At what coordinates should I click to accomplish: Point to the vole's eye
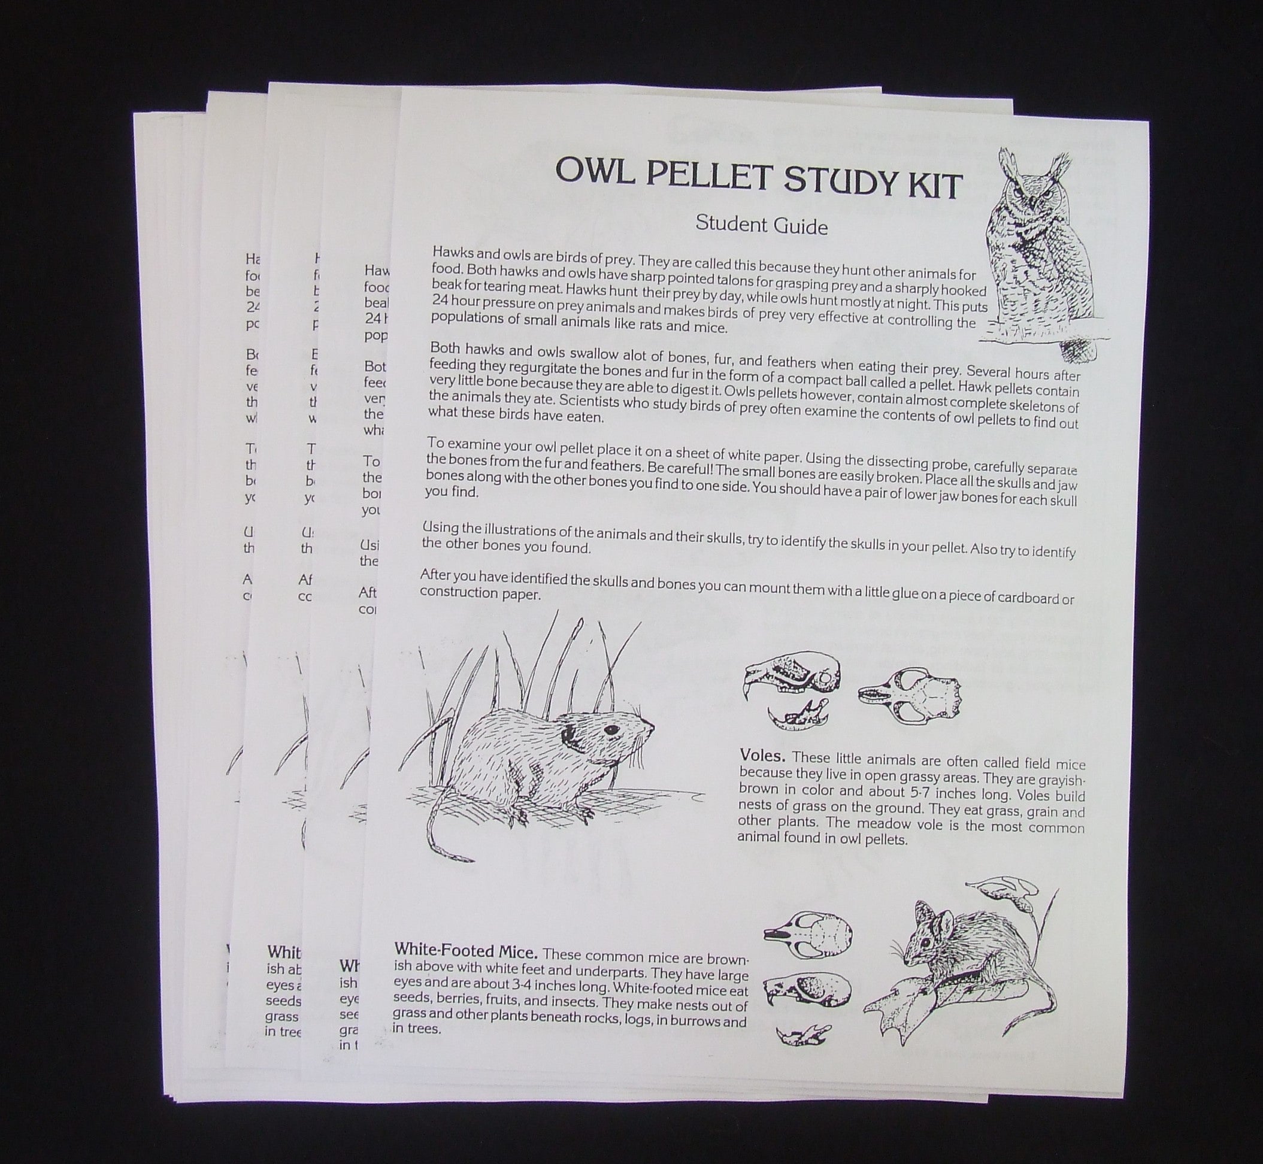[x=610, y=729]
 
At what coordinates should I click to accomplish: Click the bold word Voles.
[x=763, y=756]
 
